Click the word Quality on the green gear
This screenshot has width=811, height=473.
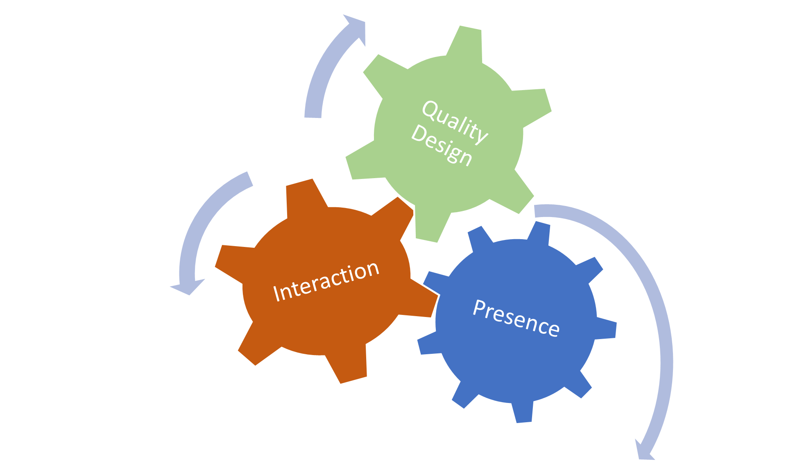tap(455, 122)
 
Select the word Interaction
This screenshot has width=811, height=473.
tap(326, 281)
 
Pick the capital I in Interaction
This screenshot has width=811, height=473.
tap(277, 293)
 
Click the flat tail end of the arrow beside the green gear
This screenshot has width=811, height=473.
tap(313, 115)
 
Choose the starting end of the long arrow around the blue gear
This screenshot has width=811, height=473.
tap(537, 210)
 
